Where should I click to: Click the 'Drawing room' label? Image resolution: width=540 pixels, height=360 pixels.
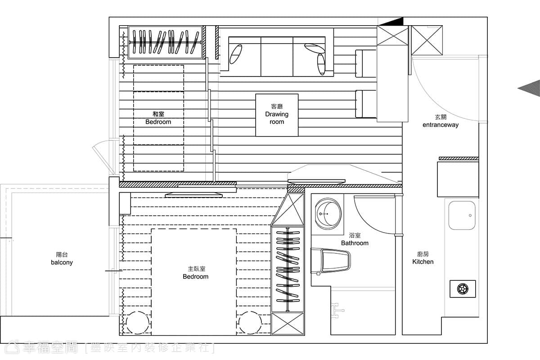[277, 117]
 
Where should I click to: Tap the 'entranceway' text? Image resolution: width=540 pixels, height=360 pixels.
[441, 125]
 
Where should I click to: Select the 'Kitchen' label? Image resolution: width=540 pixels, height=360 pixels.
[423, 261]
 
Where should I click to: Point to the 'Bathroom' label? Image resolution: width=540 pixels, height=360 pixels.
[355, 243]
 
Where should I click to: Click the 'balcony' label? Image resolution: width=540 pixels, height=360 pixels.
[62, 262]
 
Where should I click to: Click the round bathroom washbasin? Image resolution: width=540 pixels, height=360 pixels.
[328, 214]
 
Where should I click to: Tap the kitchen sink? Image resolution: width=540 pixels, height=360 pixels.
[462, 215]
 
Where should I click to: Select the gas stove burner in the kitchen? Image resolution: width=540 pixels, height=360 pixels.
[463, 289]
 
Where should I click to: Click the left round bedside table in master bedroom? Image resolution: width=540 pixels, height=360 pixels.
[138, 323]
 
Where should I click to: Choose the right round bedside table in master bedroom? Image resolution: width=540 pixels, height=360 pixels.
[250, 323]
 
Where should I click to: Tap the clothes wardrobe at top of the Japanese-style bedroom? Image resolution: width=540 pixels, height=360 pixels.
[165, 42]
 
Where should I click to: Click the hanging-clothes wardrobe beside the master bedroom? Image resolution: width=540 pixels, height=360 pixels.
[288, 269]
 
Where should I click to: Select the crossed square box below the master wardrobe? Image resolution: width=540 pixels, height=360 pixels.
[288, 324]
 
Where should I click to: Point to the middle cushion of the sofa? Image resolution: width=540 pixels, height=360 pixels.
[277, 57]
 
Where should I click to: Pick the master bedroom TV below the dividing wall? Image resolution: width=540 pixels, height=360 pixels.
[193, 195]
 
